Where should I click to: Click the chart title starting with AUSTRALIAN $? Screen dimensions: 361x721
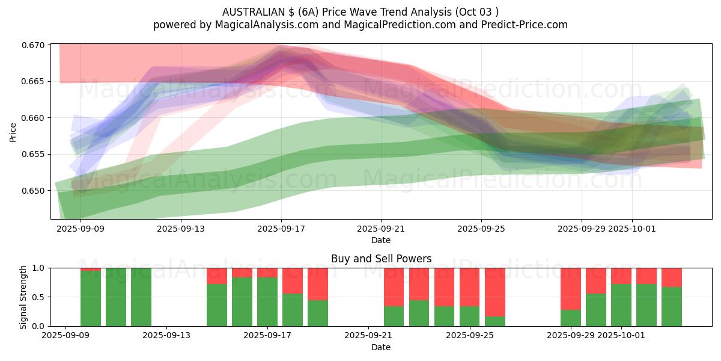[360, 11]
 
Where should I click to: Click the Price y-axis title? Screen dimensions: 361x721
[13, 132]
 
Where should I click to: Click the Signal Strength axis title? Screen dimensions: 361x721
[23, 297]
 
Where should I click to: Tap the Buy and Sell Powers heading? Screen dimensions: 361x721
[381, 259]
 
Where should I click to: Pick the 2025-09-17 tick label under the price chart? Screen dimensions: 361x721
[281, 229]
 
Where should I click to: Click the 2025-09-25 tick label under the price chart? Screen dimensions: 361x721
[481, 229]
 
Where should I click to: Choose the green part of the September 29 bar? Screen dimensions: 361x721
[571, 318]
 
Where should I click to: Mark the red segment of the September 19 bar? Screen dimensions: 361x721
[318, 283]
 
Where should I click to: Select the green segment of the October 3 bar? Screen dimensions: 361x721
[672, 306]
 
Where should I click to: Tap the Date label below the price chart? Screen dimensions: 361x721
[381, 240]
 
